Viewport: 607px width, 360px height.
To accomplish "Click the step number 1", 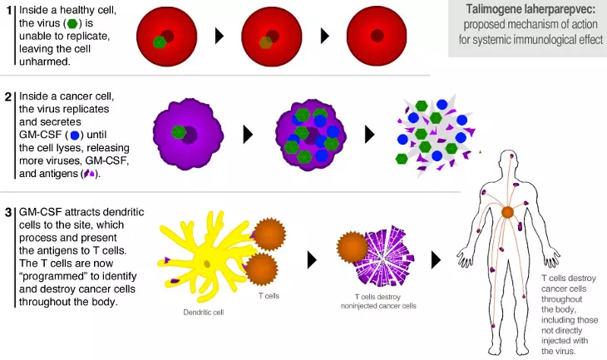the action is point(9,11).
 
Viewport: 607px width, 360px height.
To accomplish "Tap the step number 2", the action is point(8,96).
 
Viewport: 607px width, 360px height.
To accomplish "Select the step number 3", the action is point(8,213).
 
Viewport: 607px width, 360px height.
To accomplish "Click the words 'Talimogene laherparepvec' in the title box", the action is point(531,9).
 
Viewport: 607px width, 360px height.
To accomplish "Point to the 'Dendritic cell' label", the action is point(204,312).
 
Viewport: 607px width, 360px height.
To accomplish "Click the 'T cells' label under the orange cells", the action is point(269,296).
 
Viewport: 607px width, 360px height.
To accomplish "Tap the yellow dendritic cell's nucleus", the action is point(207,264).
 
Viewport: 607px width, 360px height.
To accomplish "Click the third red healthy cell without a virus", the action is point(377,36).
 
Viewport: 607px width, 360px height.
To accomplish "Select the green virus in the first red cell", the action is point(160,42).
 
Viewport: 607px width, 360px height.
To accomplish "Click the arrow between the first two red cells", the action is point(220,36).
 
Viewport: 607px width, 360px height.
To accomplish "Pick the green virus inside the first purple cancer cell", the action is point(179,132).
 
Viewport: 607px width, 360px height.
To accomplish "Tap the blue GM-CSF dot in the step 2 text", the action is point(75,135).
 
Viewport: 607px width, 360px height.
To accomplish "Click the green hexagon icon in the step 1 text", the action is point(72,23).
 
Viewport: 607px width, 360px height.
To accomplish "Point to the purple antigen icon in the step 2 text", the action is point(90,174).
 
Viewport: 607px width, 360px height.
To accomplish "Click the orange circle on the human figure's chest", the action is point(507,212).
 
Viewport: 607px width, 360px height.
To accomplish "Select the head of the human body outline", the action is point(511,160).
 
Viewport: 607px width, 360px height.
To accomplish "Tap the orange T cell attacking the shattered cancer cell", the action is point(352,248).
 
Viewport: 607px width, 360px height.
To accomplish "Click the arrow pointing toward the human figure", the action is point(436,260).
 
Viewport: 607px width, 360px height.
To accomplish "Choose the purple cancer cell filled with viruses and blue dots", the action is point(311,135).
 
